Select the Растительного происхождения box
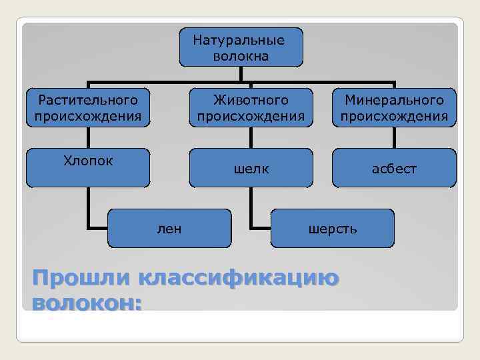coord(88,108)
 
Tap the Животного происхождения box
coord(251,108)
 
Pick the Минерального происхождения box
coord(394,108)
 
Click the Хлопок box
coord(88,167)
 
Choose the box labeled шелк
coord(251,168)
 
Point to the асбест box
coord(394,168)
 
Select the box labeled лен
coord(169,229)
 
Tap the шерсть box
coord(332,229)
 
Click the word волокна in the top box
coord(241,56)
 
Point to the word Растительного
coord(88,101)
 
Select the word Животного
coord(251,101)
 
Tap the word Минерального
coord(394,101)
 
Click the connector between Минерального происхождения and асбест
coord(394,138)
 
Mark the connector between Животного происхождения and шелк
coord(251,138)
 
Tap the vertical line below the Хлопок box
coord(89,207)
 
